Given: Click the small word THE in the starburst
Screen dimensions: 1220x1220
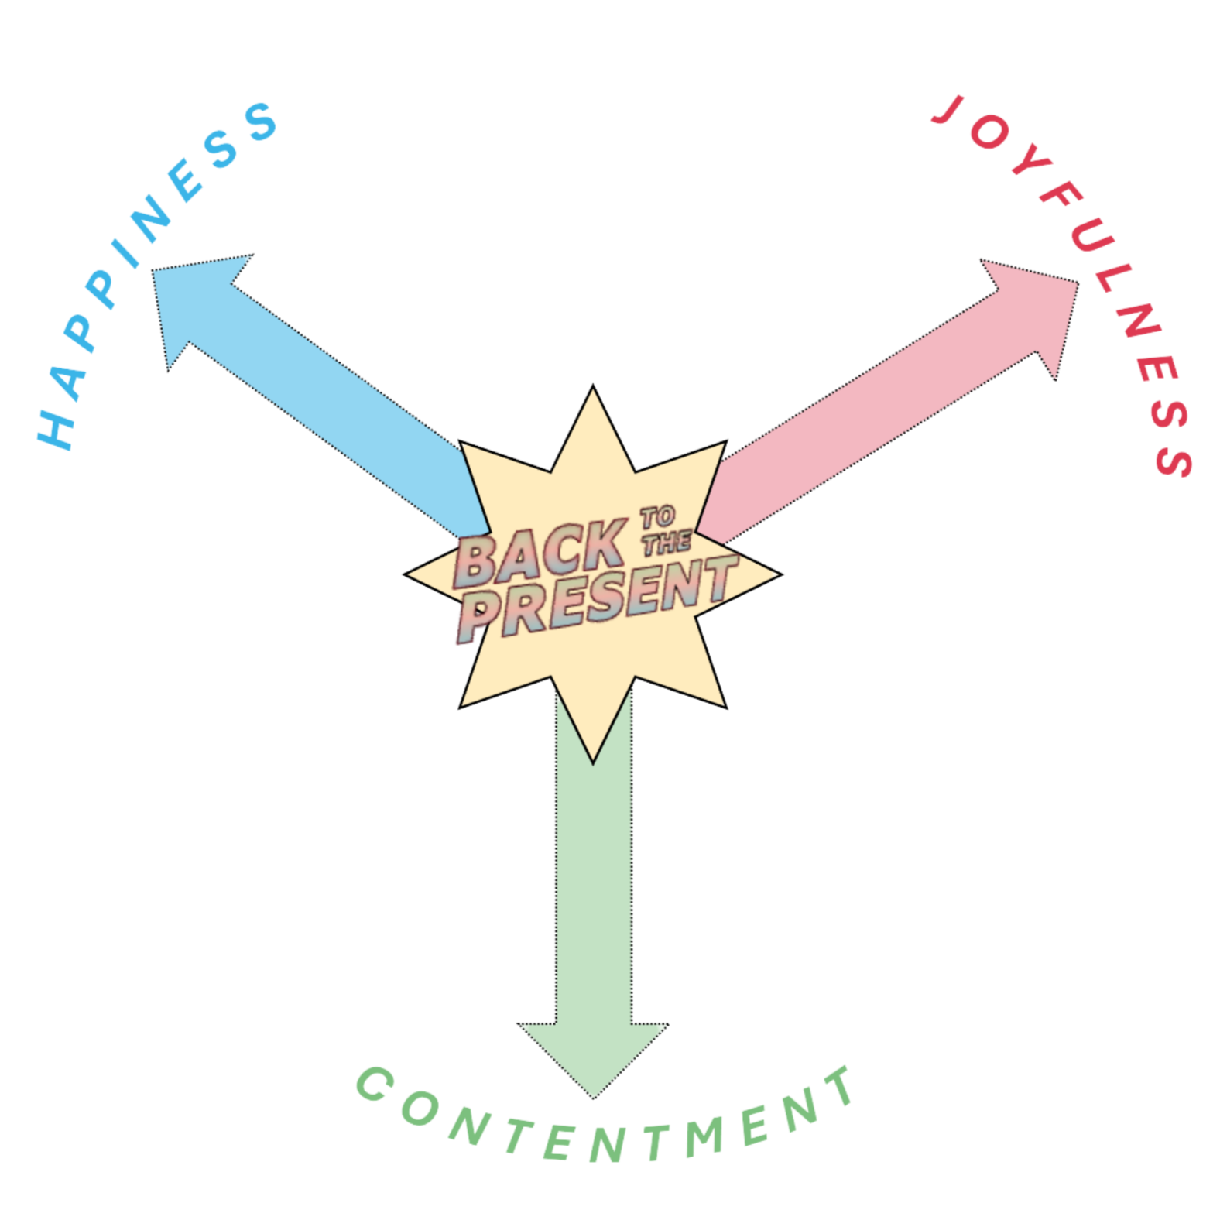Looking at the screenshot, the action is (667, 542).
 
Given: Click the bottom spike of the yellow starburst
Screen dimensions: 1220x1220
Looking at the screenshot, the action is (594, 743).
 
